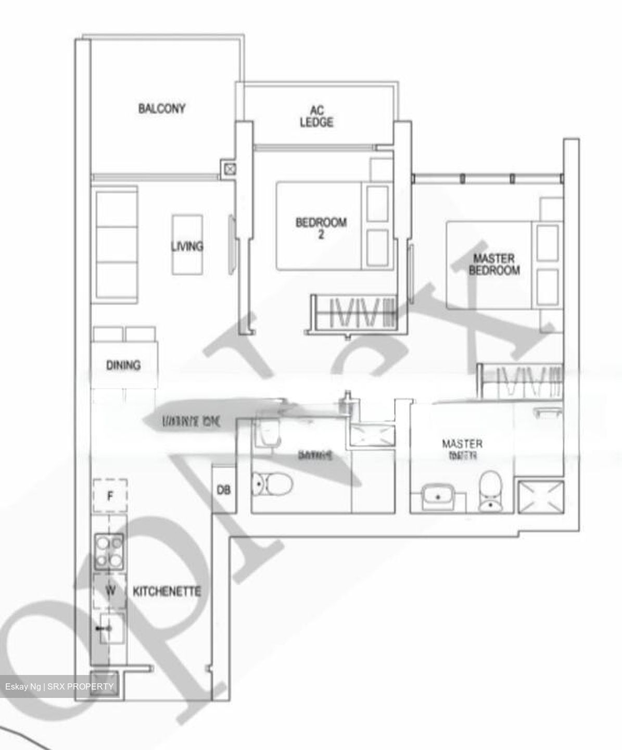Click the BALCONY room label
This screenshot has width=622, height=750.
tap(162, 109)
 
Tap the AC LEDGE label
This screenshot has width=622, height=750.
tap(316, 117)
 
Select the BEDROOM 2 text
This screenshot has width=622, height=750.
tap(321, 228)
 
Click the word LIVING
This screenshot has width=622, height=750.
tap(187, 246)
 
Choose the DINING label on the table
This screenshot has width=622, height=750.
tap(123, 365)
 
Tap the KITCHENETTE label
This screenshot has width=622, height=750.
tap(167, 592)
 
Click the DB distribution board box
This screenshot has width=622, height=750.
tap(224, 490)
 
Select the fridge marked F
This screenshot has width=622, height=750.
tap(110, 496)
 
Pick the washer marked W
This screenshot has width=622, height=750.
tap(110, 591)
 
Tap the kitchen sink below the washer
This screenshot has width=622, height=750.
tap(110, 629)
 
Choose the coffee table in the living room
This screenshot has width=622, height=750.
tap(187, 245)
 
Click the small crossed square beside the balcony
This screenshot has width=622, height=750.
tap(230, 169)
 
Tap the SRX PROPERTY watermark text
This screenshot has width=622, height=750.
tap(80, 686)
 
